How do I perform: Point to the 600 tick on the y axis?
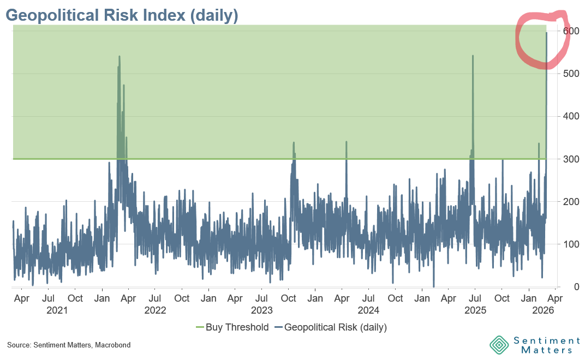[570, 31]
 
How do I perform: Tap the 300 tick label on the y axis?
[570, 159]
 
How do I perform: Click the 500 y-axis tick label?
[570, 74]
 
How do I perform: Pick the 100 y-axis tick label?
[570, 244]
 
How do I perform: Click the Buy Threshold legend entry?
[232, 327]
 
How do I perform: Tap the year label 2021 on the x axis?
[57, 311]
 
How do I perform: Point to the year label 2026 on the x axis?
[544, 311]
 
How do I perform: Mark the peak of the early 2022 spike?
[119, 56]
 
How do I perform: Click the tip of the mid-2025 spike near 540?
[473, 56]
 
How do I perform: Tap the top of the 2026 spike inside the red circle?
[547, 33]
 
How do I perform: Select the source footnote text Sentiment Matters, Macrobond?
[69, 345]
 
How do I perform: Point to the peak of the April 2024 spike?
[346, 142]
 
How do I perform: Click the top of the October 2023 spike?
[294, 143]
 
